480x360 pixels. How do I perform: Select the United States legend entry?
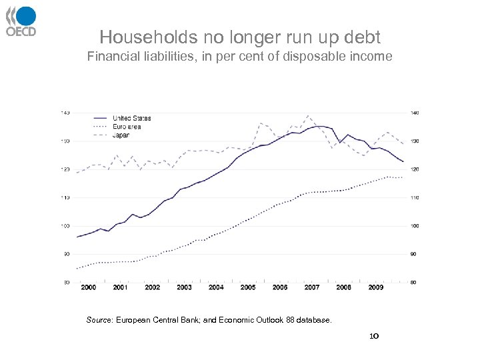[131, 119]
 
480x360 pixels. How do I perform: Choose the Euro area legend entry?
[126, 127]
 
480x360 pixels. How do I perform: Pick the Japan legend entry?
[121, 135]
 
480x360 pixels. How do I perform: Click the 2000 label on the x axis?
[88, 287]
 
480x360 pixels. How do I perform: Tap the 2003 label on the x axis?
[184, 287]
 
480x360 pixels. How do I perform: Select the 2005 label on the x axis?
[248, 287]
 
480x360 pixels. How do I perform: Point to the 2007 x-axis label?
[311, 287]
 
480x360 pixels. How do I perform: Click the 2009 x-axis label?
[375, 287]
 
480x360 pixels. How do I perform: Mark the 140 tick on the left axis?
[66, 113]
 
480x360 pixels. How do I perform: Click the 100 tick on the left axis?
[66, 226]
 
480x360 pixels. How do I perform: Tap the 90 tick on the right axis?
[413, 254]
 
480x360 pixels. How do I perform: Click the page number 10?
[374, 337]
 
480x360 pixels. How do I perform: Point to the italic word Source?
[99, 321]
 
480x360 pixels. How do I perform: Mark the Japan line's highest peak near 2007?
[307, 116]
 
